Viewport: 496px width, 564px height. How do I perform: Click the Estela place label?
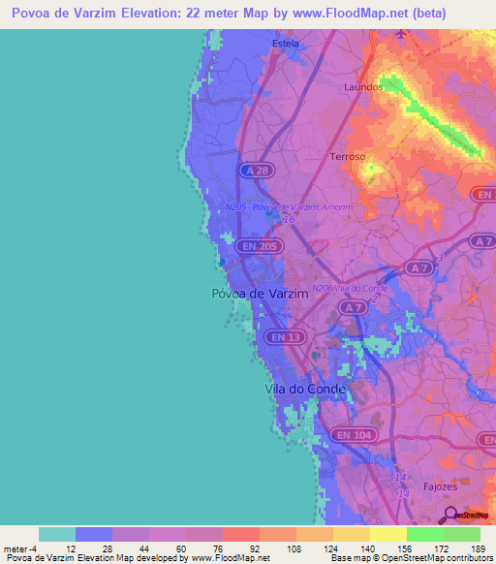[286, 44]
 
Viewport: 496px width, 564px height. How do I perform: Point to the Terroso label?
[348, 156]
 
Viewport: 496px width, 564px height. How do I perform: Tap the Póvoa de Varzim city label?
[259, 293]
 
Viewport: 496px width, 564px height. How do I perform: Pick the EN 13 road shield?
[280, 336]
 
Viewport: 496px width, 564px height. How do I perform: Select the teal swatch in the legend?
[57, 534]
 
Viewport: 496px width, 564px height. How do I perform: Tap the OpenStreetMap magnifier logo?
[450, 515]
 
